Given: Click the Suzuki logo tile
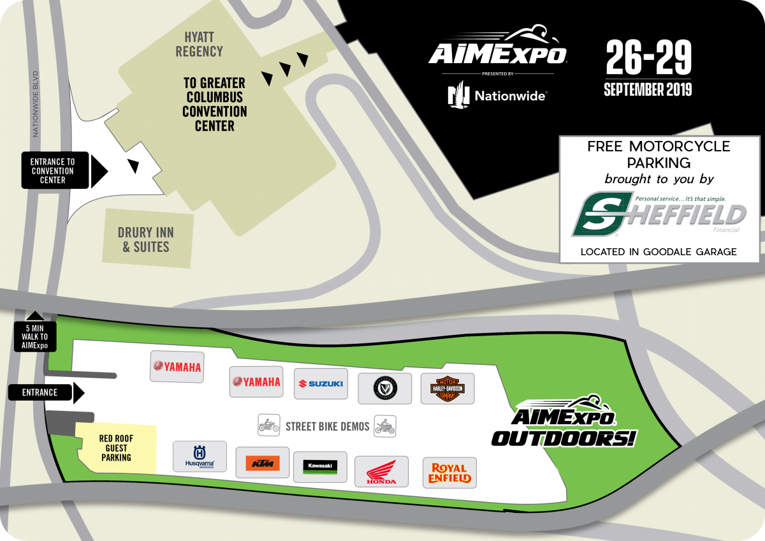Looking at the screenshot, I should (x=321, y=383).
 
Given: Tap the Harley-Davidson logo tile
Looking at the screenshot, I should (x=448, y=389).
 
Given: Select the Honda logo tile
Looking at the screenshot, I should (x=381, y=473).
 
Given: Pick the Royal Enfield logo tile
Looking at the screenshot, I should (x=449, y=473).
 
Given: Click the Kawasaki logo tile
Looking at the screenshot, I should (x=320, y=467).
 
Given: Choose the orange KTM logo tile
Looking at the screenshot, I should (x=262, y=463).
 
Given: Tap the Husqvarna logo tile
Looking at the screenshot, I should (x=200, y=456).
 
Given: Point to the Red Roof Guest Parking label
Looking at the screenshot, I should (x=116, y=448).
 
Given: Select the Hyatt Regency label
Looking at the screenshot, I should (x=199, y=44).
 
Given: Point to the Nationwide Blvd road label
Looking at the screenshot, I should (x=36, y=103).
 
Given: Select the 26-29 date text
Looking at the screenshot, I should (x=648, y=59).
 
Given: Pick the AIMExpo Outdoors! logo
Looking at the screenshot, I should (x=563, y=422).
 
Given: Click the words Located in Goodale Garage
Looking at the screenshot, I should (x=658, y=252).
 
